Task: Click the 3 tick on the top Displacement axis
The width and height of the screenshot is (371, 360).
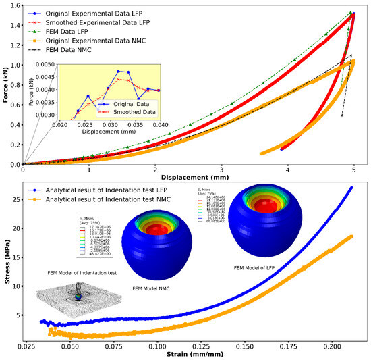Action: point(221,171)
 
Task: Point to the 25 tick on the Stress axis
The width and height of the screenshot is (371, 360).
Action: point(16,199)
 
